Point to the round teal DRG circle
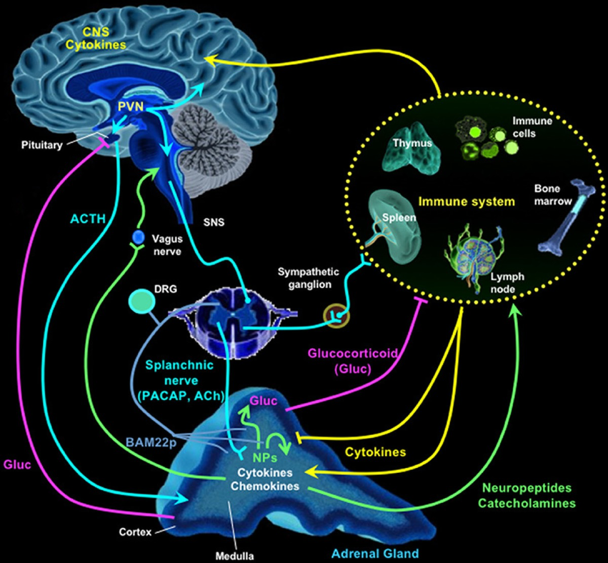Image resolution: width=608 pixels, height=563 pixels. (142, 302)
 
